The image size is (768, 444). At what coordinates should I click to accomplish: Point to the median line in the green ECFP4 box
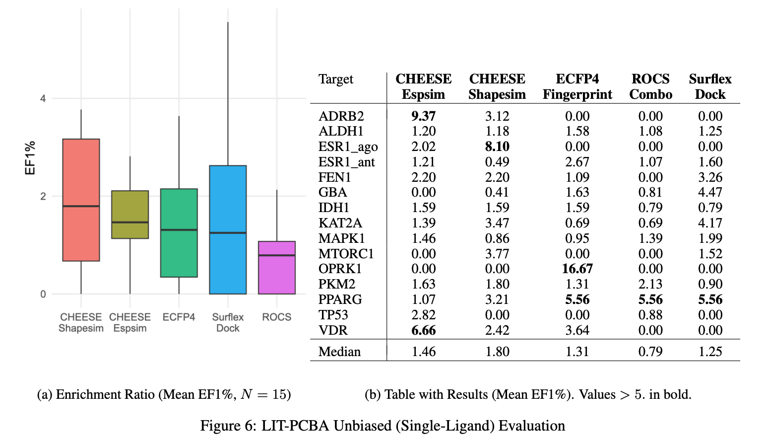pos(179,229)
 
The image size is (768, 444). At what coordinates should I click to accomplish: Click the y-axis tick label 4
pos(43,98)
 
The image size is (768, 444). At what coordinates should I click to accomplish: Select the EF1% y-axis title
pos(30,158)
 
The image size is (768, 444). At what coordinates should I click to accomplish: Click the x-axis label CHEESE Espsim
pos(130,322)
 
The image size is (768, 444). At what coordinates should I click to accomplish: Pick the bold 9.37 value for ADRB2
pos(423,116)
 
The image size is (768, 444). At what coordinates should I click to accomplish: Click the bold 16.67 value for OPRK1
pos(577,269)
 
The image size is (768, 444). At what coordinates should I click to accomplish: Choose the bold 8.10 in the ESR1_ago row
pos(497,147)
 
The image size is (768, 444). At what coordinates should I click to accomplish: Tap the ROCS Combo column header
pos(650,86)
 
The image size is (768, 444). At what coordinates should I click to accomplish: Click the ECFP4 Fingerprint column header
pos(577,86)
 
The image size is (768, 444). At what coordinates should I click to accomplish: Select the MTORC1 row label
pos(346,254)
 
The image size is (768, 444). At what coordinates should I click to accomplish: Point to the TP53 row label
pos(333,315)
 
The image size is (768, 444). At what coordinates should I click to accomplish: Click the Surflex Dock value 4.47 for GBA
pos(710,192)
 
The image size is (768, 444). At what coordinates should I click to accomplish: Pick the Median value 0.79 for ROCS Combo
pos(650,352)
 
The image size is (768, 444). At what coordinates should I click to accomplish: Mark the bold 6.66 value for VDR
pos(423,330)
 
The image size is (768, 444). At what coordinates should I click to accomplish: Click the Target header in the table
pos(336,79)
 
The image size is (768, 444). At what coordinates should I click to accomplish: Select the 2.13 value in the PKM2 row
pos(650,284)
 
